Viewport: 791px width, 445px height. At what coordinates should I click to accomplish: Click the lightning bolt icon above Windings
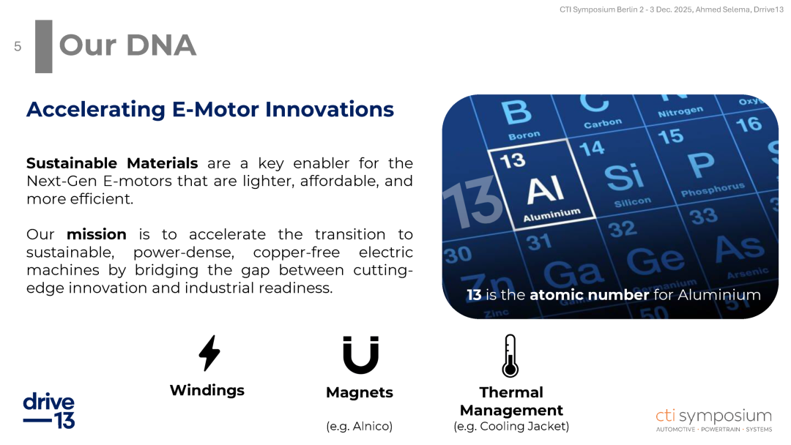coord(209,354)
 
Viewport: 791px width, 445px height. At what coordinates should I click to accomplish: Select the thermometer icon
coord(510,356)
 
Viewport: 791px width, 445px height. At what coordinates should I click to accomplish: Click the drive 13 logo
coord(49,411)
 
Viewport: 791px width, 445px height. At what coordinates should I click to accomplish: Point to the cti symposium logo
coord(714,420)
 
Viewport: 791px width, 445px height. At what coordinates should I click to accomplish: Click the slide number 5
coord(18,47)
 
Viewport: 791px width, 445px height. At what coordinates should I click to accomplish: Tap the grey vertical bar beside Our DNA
coord(44,46)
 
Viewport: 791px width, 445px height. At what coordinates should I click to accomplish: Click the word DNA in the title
coord(161,45)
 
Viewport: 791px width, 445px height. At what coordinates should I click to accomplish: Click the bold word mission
coord(97,234)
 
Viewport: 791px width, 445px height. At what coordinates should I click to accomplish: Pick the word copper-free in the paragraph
coord(297,253)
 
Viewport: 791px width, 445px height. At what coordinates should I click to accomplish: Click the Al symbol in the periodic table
coord(545,190)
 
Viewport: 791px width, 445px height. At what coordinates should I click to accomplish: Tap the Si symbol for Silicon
coord(625,177)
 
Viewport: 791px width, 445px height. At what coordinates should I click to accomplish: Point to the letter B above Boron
coord(516,112)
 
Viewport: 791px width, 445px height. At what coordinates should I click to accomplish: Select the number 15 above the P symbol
coord(670,136)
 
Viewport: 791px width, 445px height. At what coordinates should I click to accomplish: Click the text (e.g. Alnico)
coord(359,427)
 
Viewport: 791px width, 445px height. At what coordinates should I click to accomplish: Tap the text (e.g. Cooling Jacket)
coord(511,427)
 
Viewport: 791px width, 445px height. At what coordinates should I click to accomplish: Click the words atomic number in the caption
coord(589,295)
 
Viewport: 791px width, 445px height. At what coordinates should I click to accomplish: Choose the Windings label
coord(207,391)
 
